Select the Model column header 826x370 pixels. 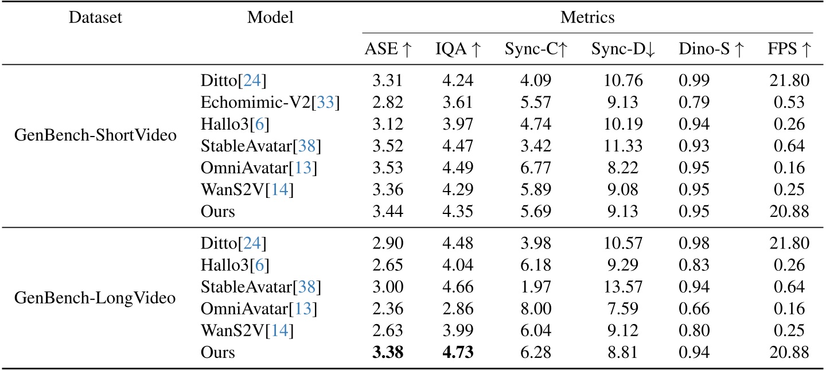tap(270, 18)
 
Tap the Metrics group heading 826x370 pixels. tap(587, 18)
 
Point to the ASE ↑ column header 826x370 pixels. tap(388, 50)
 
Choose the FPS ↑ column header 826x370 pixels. tap(790, 50)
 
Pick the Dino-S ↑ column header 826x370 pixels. tap(710, 50)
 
